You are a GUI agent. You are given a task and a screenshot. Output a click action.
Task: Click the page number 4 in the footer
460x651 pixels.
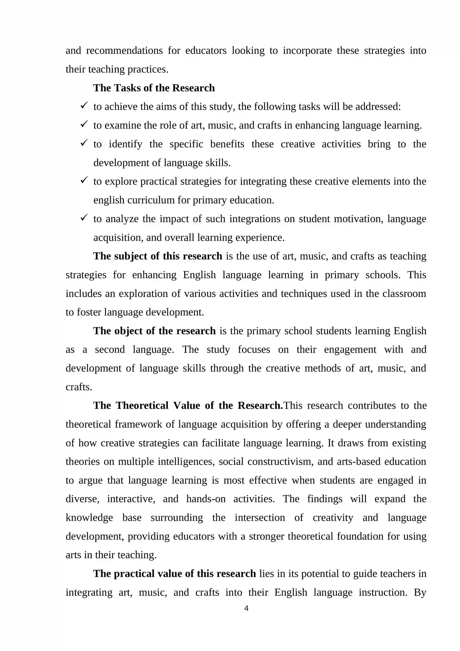[246, 608]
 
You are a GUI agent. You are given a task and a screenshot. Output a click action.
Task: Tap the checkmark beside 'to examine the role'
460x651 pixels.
[84, 124]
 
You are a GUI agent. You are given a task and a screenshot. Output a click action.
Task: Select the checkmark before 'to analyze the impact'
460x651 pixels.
[84, 218]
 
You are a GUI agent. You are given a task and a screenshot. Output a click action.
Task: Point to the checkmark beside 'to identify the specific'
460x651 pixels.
[84, 143]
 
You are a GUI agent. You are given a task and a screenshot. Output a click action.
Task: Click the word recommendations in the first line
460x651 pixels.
[124, 51]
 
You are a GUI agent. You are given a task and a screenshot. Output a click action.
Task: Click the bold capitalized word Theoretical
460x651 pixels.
[142, 406]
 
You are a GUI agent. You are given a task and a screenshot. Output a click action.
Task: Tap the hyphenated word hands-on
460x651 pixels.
[206, 499]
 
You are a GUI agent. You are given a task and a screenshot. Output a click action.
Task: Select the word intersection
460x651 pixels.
[260, 517]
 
